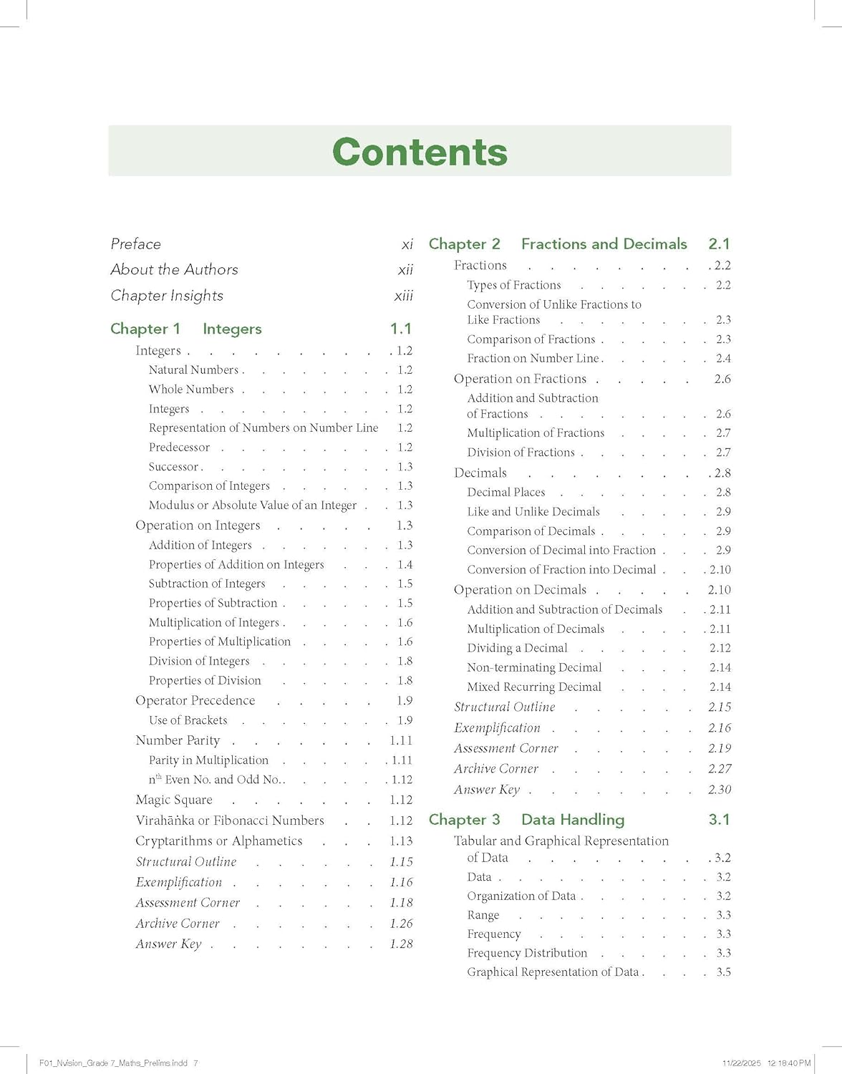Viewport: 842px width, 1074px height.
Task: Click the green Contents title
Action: [x=420, y=152]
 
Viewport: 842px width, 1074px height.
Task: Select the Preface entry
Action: [x=136, y=244]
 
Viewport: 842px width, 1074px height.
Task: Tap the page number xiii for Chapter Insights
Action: [x=403, y=296]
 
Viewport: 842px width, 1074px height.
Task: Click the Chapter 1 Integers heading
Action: [x=186, y=329]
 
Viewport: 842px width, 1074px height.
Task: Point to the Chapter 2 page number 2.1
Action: [x=719, y=244]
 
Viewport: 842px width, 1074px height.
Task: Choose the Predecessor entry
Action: [x=179, y=447]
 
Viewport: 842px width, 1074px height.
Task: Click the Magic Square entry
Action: [x=174, y=800]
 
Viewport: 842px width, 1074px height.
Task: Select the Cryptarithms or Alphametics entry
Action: [x=219, y=841]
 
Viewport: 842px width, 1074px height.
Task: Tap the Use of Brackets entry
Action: [x=188, y=720]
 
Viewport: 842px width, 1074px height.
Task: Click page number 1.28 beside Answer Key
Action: [x=401, y=944]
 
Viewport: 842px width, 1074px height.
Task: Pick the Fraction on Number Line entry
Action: [x=533, y=359]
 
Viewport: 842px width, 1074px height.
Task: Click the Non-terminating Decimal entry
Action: [x=534, y=667]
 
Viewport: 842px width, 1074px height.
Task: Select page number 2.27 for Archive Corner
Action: [x=720, y=769]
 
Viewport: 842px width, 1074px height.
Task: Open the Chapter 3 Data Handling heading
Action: [x=526, y=820]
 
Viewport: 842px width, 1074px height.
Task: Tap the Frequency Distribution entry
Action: [x=527, y=953]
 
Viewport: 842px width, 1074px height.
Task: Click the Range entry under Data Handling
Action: [x=483, y=915]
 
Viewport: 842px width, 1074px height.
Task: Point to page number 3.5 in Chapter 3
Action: [x=723, y=972]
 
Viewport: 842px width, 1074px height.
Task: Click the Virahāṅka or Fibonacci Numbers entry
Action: [x=230, y=821]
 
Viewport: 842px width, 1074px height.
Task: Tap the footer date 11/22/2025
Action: [x=741, y=1063]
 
